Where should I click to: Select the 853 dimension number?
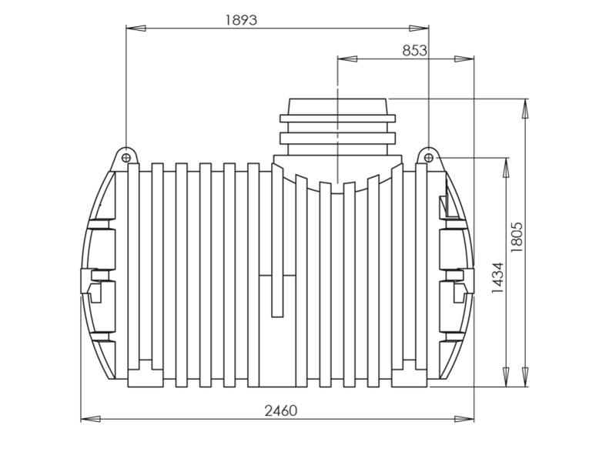414,50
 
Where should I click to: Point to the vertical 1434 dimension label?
497,279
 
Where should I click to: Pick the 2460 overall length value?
280,410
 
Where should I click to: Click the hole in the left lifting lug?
125,157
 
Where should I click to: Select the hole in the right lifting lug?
429,158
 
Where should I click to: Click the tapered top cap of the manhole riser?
338,106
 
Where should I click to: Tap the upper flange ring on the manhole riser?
337,119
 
